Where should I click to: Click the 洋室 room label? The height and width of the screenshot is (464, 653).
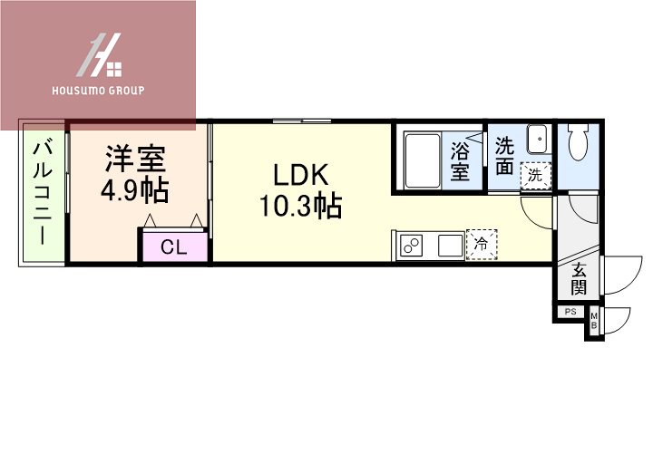tap(135, 159)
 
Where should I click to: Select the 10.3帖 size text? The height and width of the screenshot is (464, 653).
tap(299, 207)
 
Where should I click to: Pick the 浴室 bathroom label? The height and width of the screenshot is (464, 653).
tap(461, 160)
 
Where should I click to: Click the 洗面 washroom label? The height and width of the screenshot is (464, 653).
tap(505, 156)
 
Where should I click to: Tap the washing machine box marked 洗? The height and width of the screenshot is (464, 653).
tap(536, 175)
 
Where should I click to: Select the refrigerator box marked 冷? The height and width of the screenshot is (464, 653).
tap(482, 244)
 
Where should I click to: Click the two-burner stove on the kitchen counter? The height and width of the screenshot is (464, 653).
tap(413, 246)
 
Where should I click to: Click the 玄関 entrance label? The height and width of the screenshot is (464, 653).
tap(579, 278)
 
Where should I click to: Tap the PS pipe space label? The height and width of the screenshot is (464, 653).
tap(570, 312)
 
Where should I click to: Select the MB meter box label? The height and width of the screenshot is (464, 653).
tap(594, 320)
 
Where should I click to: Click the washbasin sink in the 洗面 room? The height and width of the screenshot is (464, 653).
tap(537, 140)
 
